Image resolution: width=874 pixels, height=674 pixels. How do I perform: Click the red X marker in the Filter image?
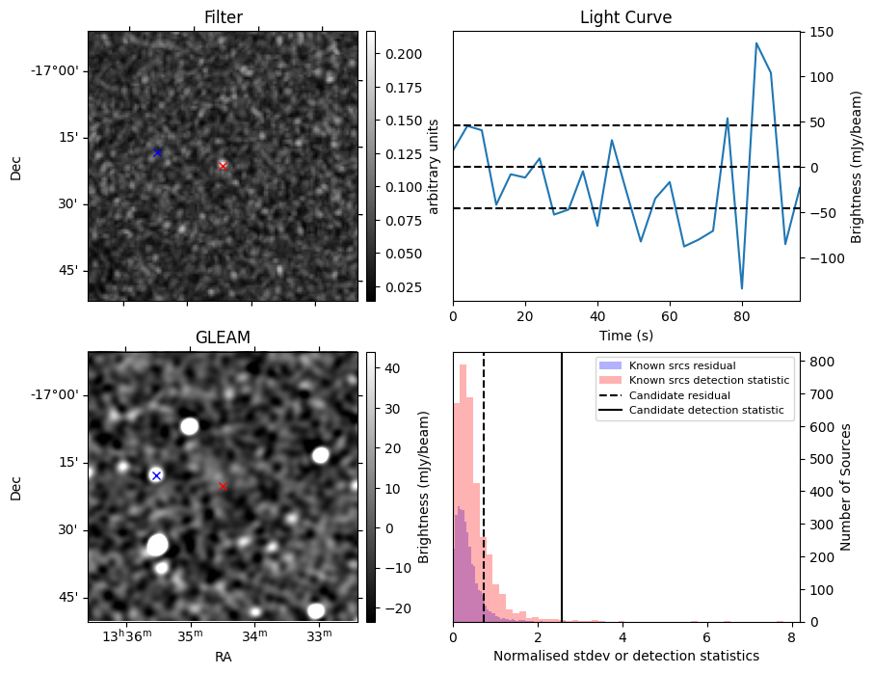[x=223, y=166]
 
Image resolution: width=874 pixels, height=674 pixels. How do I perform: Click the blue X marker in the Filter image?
[x=157, y=152]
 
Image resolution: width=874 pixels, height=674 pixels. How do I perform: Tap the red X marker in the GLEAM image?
[x=223, y=486]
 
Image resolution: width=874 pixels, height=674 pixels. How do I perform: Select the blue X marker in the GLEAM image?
[x=156, y=475]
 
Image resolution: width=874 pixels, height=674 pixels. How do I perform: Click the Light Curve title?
[x=625, y=18]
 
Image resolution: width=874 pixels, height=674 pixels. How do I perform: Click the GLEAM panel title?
[x=223, y=337]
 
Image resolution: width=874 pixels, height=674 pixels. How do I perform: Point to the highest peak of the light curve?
[x=756, y=43]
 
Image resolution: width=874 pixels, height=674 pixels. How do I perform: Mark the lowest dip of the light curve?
[x=742, y=288]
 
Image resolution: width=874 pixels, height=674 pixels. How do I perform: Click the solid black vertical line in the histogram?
[x=562, y=482]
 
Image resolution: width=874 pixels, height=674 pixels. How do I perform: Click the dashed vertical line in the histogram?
[x=484, y=482]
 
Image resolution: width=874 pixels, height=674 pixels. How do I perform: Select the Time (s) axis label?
[x=625, y=334]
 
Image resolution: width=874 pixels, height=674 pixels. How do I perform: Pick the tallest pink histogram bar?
[x=463, y=492]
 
